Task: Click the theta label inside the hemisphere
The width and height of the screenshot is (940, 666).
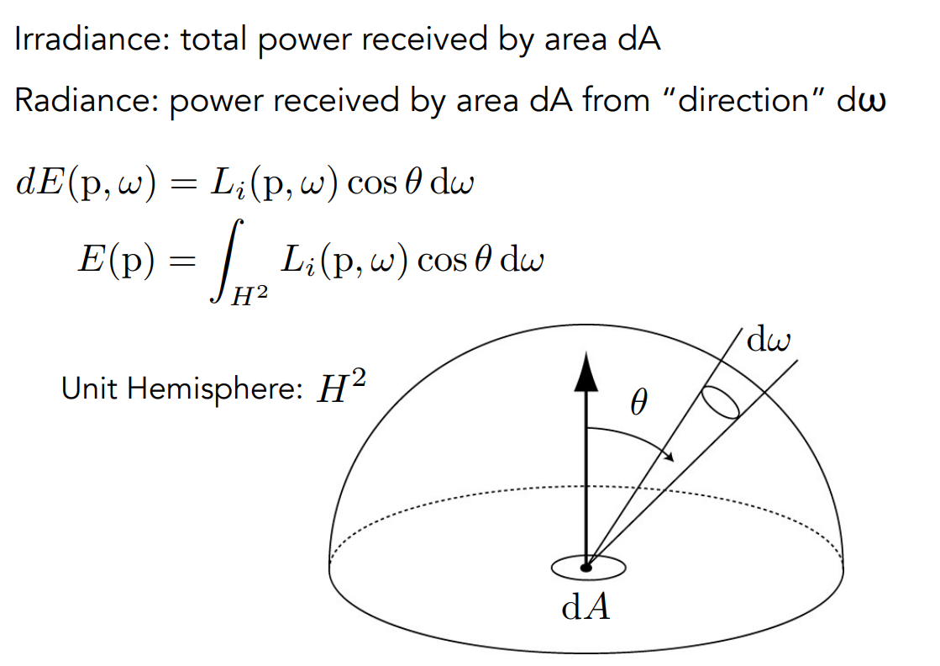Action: coord(638,406)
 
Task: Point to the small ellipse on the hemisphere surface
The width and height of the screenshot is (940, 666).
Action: coord(722,403)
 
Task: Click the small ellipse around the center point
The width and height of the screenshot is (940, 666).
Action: coord(588,568)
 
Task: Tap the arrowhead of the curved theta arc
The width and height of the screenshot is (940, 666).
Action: coord(669,457)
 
